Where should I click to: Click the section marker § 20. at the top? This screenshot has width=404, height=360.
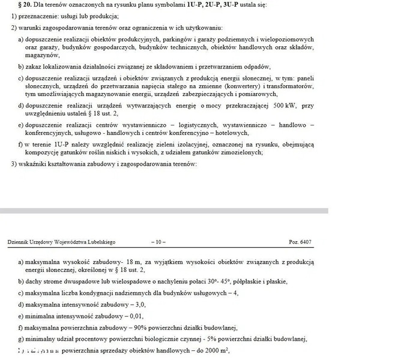[x=23, y=4]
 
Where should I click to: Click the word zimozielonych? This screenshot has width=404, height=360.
[x=244, y=152]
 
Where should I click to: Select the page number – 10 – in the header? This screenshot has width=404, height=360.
[x=157, y=242]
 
